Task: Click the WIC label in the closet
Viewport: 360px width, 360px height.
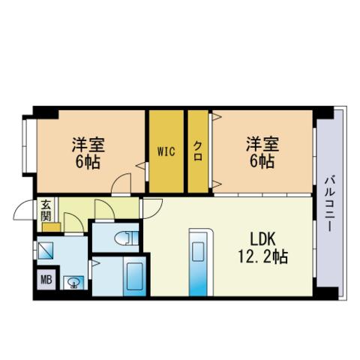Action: (166, 151)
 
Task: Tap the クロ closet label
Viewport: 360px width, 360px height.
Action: (198, 151)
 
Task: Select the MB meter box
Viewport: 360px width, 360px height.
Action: (46, 280)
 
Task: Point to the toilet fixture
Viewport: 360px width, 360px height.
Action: (127, 238)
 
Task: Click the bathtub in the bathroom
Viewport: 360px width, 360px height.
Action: (134, 276)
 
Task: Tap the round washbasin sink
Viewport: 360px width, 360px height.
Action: (73, 283)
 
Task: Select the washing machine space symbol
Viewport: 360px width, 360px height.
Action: (45, 250)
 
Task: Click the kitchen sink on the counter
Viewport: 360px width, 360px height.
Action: (198, 251)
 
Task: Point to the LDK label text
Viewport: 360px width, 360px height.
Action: (263, 239)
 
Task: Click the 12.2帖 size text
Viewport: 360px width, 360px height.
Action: (262, 256)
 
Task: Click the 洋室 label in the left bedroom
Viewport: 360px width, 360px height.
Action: (88, 145)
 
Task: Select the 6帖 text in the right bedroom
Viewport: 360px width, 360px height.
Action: (262, 161)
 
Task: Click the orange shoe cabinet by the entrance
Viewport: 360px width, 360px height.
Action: (51, 227)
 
